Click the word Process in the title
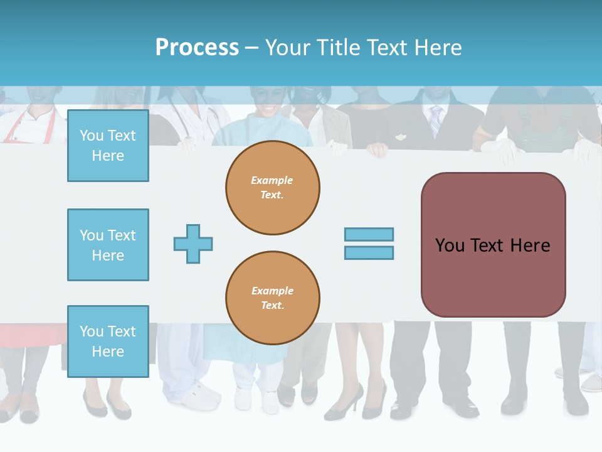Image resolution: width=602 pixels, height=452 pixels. coord(197,48)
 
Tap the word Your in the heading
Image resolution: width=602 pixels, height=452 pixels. coord(288,48)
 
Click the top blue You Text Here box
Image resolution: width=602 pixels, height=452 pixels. coord(108,146)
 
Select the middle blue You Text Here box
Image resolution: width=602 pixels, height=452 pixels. coord(108,245)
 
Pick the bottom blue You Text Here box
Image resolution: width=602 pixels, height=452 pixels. coord(108,342)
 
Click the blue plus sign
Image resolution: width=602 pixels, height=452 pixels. coord(193,244)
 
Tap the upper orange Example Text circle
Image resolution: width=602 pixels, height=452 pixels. coord(272,188)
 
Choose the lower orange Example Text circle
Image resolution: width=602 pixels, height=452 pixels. coord(272,298)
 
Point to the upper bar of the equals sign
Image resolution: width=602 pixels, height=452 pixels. coord(369,234)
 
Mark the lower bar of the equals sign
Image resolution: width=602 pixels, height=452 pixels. coord(369,253)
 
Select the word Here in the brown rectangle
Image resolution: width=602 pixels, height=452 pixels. coord(531,245)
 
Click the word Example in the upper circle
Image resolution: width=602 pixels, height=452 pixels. coord(272,180)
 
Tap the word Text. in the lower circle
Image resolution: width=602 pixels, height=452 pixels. coord(272,306)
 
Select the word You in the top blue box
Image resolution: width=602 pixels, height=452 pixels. coord(92,136)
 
